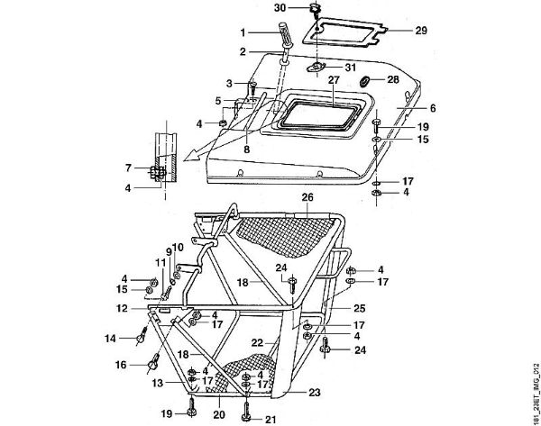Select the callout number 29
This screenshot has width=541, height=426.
419,31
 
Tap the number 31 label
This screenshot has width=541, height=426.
352,67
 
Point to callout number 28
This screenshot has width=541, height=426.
394,80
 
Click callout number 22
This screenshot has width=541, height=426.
258,343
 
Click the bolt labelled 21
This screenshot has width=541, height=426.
247,411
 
